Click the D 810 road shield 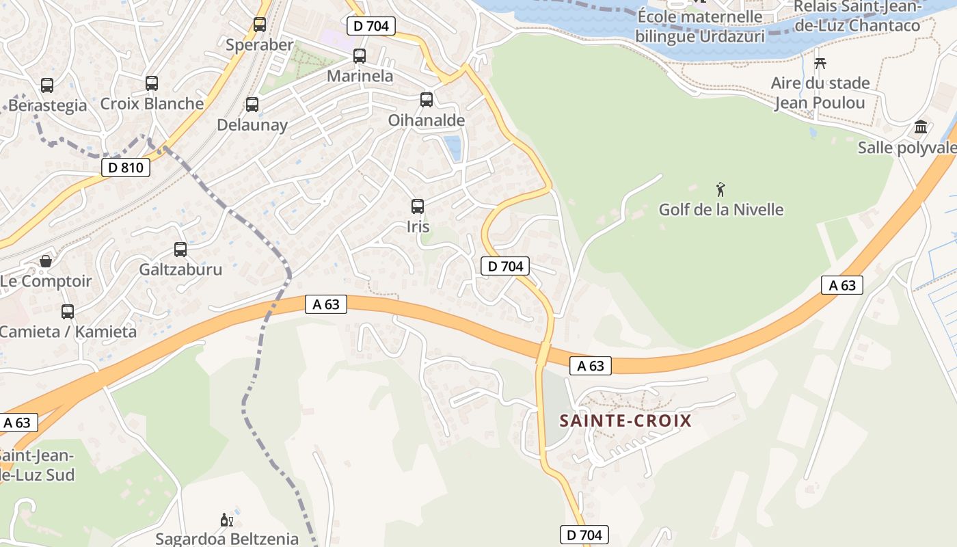(126, 168)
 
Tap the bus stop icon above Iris (417, 206)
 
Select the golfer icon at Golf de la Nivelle (720, 189)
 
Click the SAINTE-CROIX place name (625, 421)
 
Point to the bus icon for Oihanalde (427, 100)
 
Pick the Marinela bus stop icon (360, 56)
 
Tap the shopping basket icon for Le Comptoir (45, 261)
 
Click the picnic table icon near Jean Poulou (820, 64)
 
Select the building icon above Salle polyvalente (921, 127)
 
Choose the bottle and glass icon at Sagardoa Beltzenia (227, 520)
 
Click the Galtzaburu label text (180, 269)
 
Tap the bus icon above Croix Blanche (152, 83)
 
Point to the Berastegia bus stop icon (47, 85)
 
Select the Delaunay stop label (252, 125)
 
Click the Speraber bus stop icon (260, 25)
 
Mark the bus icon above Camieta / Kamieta (68, 312)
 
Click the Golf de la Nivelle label (721, 209)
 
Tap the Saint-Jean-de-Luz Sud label (36, 465)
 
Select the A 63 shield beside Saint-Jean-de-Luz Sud (17, 423)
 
